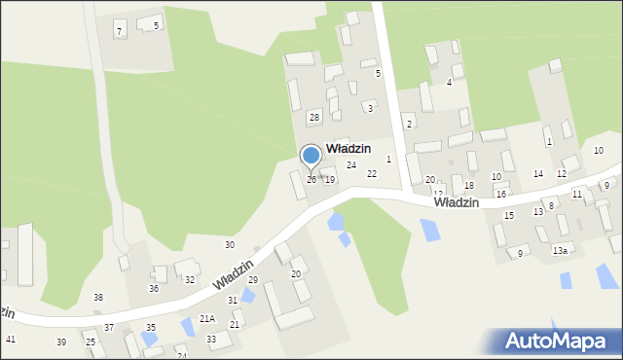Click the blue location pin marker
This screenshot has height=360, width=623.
tap(311, 157)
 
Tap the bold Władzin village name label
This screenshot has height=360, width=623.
tap(348, 148)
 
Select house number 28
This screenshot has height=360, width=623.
tap(313, 117)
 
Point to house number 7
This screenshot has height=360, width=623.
tap(119, 32)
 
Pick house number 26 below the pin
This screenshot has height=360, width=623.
tap(311, 179)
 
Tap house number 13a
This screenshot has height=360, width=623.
tap(560, 250)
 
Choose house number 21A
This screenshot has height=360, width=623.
tap(207, 318)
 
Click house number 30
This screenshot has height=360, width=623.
tap(230, 244)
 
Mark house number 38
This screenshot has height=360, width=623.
tap(98, 297)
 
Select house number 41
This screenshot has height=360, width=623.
tap(11, 339)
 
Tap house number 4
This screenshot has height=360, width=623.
tap(449, 82)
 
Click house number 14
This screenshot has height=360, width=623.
tap(537, 173)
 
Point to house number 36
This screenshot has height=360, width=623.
tap(153, 288)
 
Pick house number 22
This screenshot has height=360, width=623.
tap(371, 173)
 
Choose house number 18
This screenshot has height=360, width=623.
tap(468, 185)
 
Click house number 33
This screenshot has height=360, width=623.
tap(211, 339)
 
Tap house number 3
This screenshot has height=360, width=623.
tap(370, 107)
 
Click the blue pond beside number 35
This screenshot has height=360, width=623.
tap(149, 339)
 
